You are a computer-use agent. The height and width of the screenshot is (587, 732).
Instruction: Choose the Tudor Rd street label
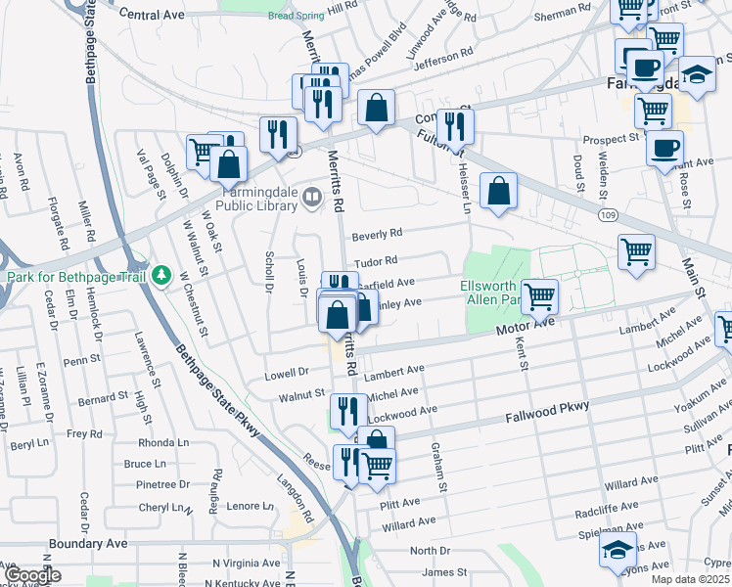(376, 261)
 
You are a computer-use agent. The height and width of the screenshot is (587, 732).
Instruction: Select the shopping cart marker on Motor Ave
(539, 295)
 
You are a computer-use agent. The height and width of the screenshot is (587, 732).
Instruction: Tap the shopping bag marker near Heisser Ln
(499, 191)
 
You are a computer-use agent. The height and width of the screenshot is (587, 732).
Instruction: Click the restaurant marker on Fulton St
(455, 125)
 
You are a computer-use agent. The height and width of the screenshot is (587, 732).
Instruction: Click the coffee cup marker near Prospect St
(664, 148)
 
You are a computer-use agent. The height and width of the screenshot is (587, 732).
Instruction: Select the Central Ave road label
(152, 15)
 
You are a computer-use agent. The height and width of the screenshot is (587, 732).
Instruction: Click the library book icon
(312, 199)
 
